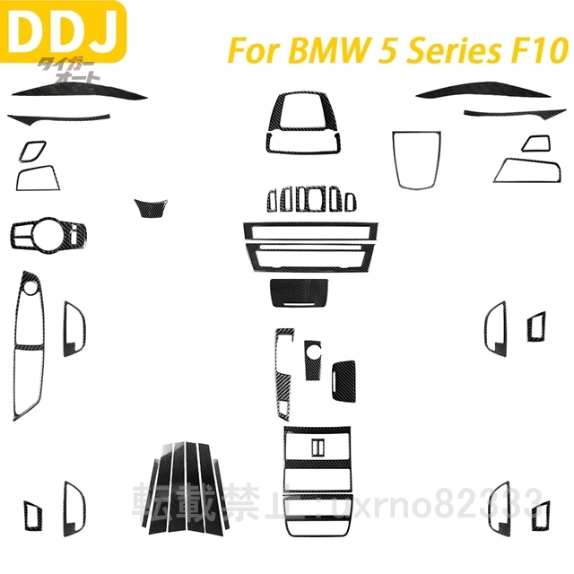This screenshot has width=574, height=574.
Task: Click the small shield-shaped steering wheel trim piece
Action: (145, 207)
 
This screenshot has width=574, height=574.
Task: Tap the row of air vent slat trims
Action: (310, 198)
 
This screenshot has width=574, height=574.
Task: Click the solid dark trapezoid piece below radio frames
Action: (299, 291)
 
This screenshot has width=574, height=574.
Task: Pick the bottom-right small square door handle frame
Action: (541, 515)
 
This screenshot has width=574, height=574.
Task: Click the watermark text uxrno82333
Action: (466, 495)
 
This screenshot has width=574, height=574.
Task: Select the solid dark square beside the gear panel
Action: (344, 378)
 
